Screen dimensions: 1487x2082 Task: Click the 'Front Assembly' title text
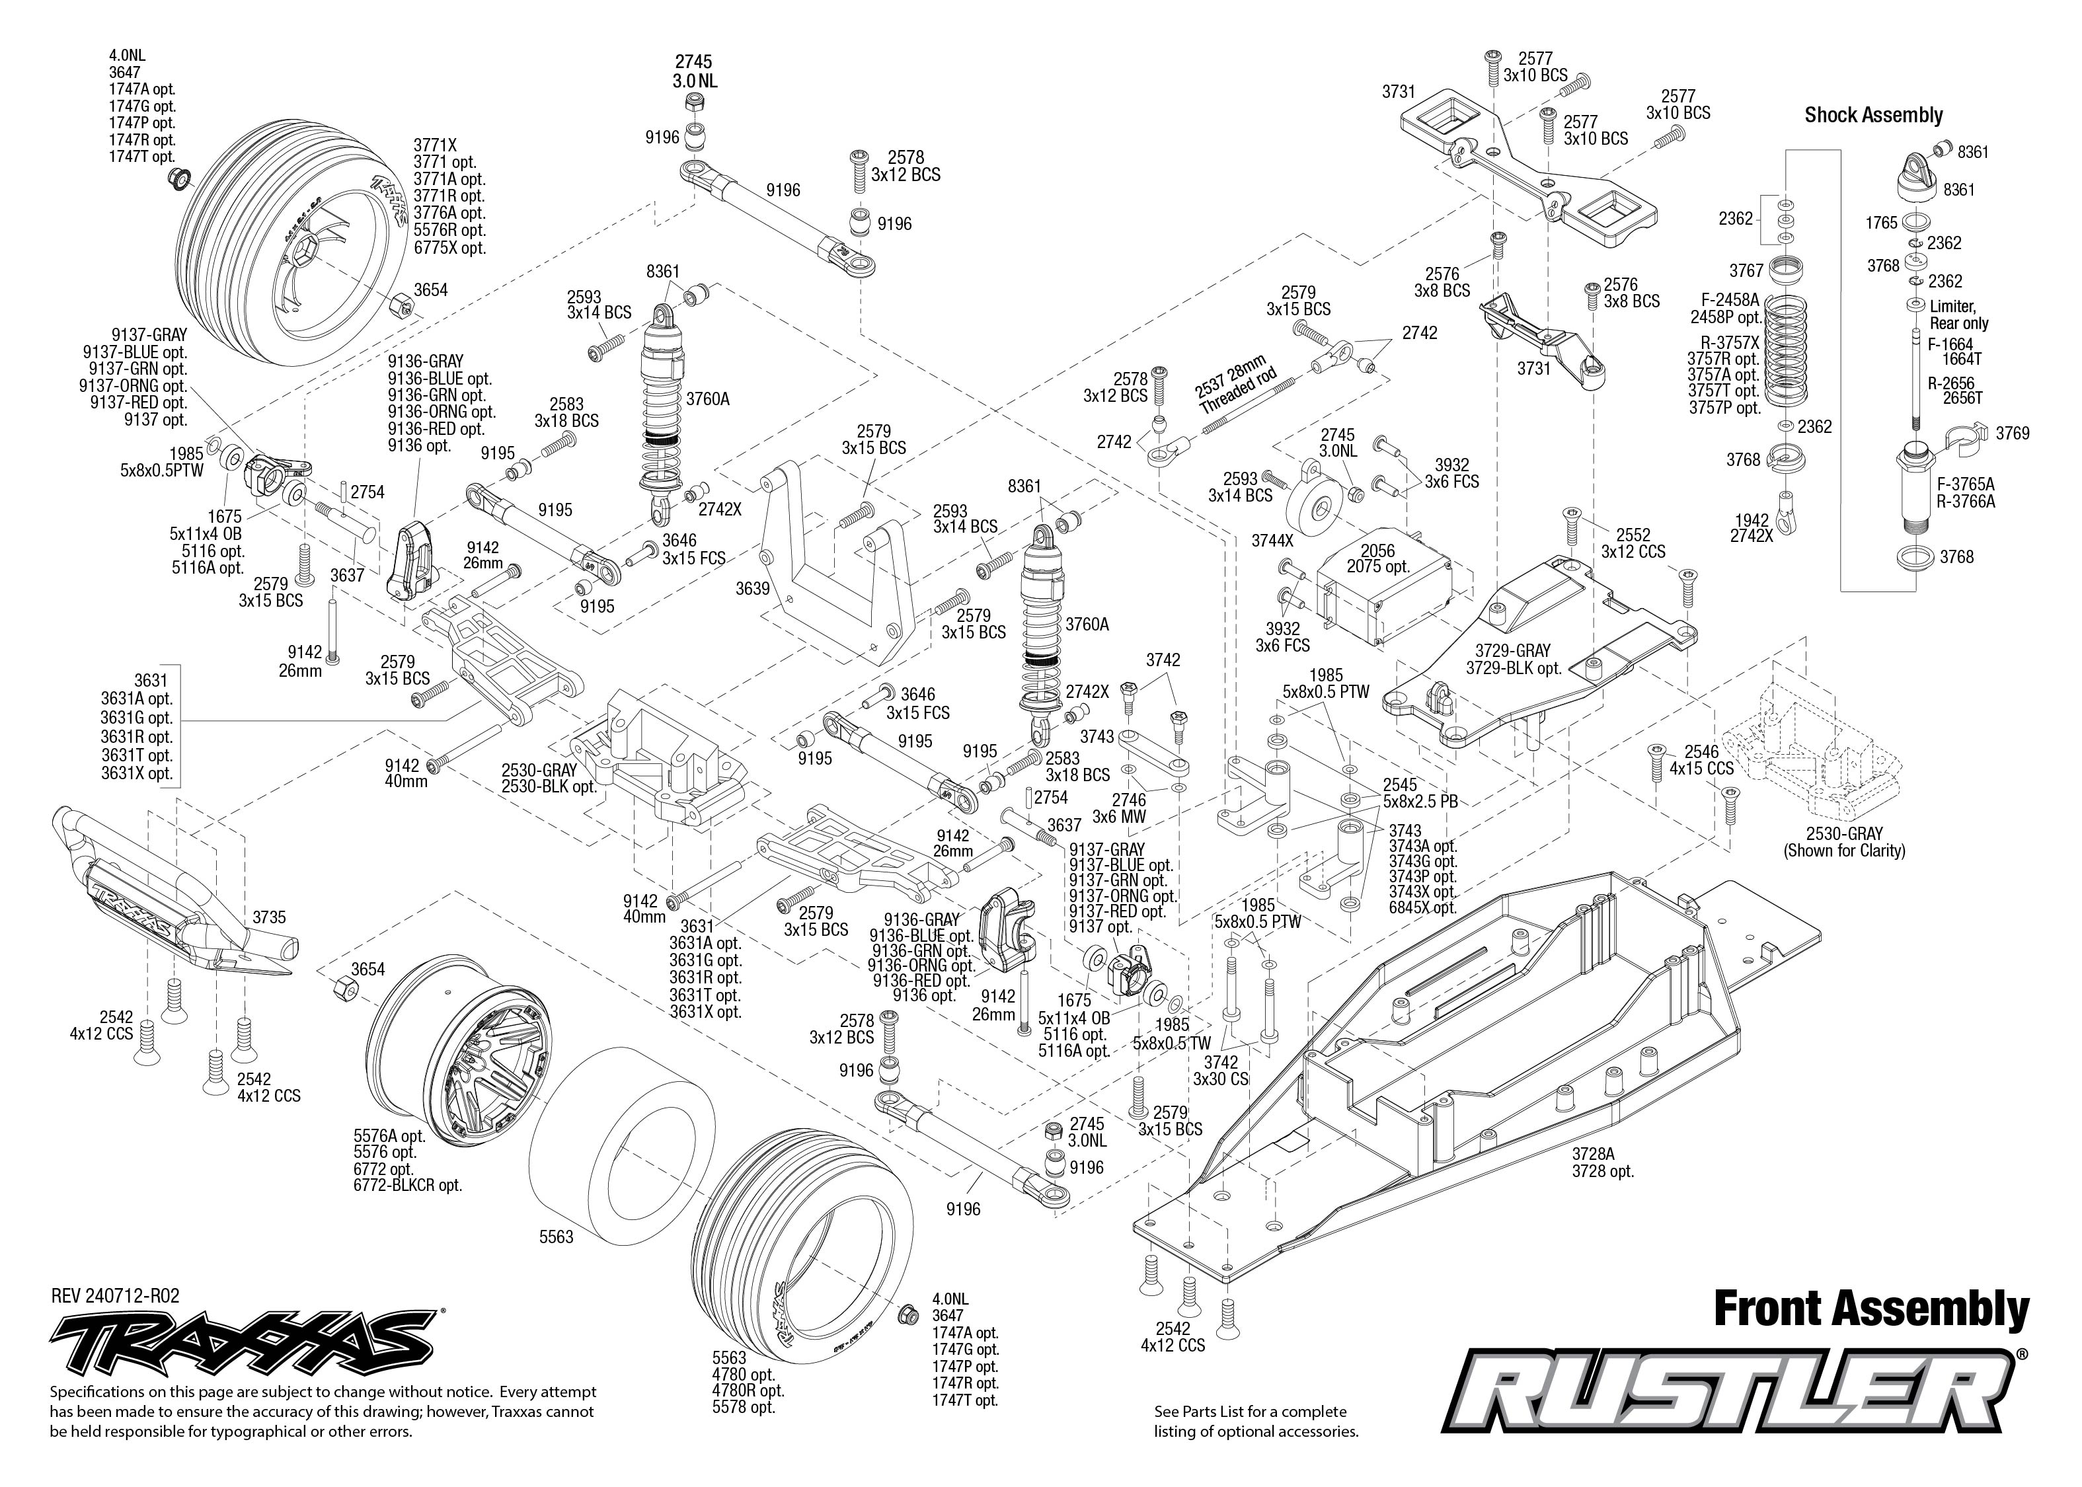pos(1870,1309)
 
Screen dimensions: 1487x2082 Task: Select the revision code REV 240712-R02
pos(116,1295)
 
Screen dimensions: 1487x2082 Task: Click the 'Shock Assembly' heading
pos(1873,116)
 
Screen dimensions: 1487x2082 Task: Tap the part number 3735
pos(269,917)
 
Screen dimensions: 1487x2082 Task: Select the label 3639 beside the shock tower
pos(753,589)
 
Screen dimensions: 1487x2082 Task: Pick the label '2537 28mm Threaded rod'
pos(1231,385)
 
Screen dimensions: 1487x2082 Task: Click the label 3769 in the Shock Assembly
pos(2013,433)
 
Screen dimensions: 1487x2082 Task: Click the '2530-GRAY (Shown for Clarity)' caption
pos(1844,841)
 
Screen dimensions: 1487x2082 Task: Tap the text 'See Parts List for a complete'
pos(1251,1411)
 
